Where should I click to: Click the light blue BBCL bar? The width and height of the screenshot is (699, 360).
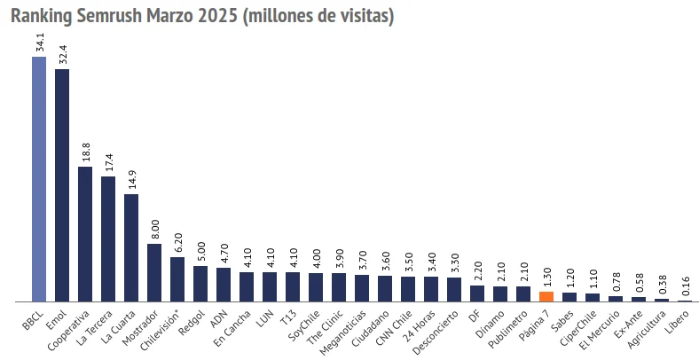tap(39, 177)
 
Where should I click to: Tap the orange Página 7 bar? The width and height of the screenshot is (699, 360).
tap(546, 296)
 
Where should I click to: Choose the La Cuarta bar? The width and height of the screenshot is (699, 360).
tap(131, 247)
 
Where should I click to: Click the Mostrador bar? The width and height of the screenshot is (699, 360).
tap(154, 272)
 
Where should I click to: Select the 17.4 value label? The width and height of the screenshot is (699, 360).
tap(109, 161)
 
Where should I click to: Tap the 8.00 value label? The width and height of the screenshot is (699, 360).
tap(155, 229)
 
